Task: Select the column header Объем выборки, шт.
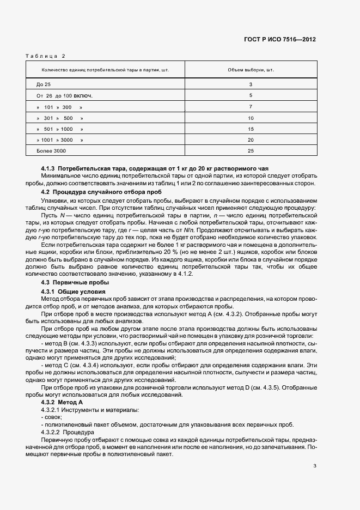click(251, 71)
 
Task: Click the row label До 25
click(44, 84)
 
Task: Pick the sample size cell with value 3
click(251, 84)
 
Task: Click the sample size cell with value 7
click(251, 107)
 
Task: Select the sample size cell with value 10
click(251, 118)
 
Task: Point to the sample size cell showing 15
click(251, 129)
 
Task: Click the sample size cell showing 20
click(251, 139)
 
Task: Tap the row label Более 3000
click(51, 150)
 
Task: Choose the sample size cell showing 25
click(251, 150)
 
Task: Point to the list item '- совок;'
click(51, 417)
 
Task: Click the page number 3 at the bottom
click(315, 465)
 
